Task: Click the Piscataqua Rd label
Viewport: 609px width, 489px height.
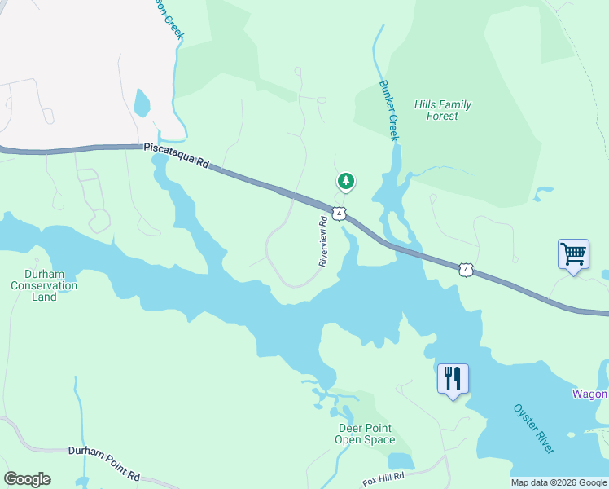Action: pos(176,156)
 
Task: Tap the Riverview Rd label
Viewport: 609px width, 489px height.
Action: pos(323,239)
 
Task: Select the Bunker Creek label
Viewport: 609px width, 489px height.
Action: pos(389,111)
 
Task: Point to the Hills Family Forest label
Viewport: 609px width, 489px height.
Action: pos(442,110)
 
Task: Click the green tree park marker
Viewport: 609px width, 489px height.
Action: pos(346,181)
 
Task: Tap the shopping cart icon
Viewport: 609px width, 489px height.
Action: pos(573,254)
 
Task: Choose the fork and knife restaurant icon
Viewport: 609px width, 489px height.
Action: pos(452,379)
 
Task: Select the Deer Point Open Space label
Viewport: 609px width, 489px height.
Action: pos(364,434)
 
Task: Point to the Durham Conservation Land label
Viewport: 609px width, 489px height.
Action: pos(44,286)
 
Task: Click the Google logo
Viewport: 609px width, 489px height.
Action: pos(27,479)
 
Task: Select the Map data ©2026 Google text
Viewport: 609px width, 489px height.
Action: pos(559,482)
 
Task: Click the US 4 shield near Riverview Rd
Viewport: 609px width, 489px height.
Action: pos(340,213)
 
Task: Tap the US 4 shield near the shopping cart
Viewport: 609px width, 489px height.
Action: pos(464,269)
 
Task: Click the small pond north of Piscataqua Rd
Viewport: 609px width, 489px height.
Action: pos(142,104)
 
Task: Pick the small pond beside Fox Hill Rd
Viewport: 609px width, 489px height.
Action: pos(400,461)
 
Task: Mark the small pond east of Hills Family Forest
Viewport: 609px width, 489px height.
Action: pos(542,194)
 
